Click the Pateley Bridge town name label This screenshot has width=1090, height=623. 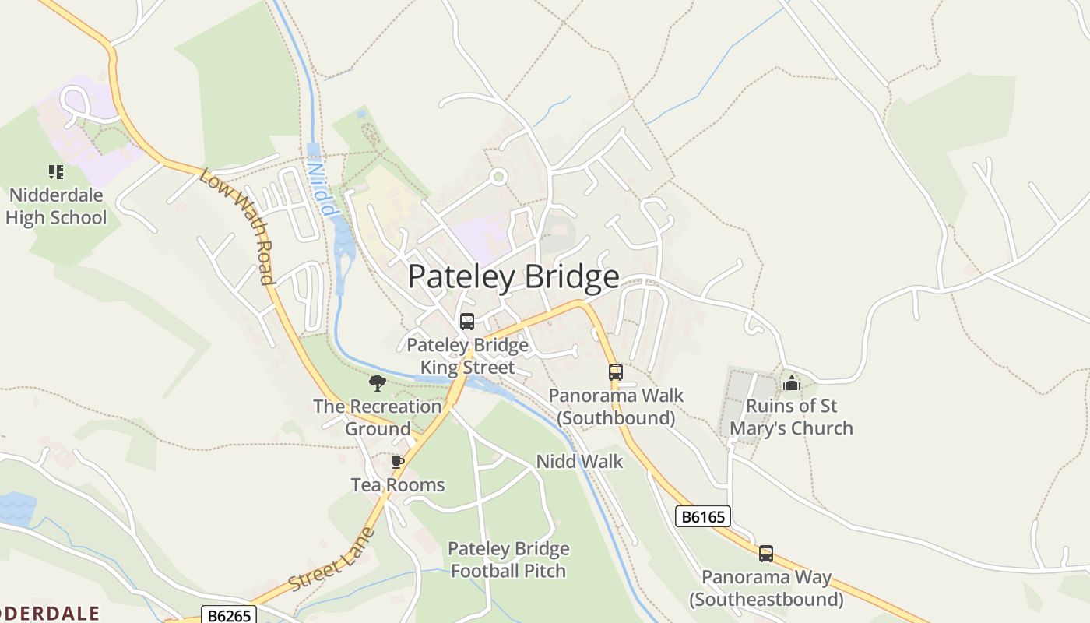coord(513,277)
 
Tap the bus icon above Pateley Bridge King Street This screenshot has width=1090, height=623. coord(467,321)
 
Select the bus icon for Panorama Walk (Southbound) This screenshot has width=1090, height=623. coord(616,372)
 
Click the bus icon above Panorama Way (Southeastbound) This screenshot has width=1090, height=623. coord(766,554)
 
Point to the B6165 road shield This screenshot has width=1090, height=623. coord(702,516)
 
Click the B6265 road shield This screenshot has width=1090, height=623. coord(229,615)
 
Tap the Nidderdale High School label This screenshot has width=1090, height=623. coord(56,206)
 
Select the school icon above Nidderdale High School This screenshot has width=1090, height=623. coord(55,172)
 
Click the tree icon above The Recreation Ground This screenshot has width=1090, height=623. coord(378,383)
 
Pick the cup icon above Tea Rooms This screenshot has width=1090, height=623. coord(398,462)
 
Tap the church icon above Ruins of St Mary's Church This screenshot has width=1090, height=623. coord(792,382)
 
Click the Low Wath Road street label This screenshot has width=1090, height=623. coord(237,226)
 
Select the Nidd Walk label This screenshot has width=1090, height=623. coord(579,462)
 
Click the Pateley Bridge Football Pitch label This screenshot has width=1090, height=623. coord(508,560)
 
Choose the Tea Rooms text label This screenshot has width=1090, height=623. coord(397,485)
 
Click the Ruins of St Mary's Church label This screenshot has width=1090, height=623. coord(791,417)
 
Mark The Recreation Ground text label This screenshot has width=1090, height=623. coord(378,417)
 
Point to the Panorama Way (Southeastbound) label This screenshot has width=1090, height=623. coord(766,589)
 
